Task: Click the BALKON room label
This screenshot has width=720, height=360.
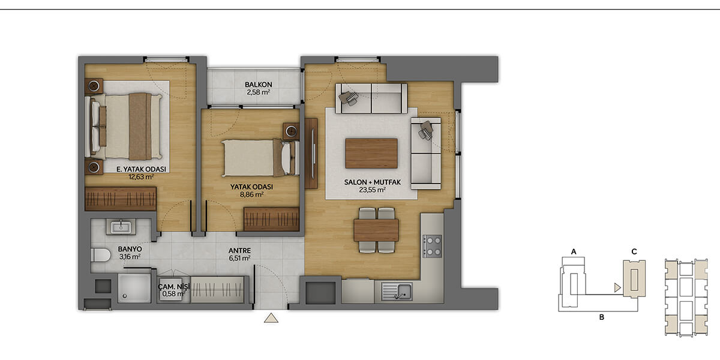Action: click(259, 85)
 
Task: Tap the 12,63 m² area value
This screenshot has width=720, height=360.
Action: click(141, 177)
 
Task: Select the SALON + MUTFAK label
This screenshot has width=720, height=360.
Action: click(372, 182)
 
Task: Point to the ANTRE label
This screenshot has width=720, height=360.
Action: click(239, 250)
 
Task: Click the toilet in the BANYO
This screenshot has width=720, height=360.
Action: click(101, 255)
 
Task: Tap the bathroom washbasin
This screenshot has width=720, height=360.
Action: click(121, 227)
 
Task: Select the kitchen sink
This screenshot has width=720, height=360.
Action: click(397, 292)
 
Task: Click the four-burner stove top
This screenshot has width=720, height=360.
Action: click(433, 246)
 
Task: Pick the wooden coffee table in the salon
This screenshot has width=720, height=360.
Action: click(371, 154)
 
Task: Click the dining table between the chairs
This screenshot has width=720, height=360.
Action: click(376, 230)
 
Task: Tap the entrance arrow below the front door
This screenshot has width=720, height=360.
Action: click(271, 318)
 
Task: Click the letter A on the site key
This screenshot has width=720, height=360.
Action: click(574, 251)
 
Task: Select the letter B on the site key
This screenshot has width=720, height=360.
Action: click(602, 317)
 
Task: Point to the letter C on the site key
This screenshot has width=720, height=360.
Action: click(634, 251)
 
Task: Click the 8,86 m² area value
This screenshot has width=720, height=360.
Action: click(251, 194)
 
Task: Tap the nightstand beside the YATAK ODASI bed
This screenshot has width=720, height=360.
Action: click(291, 131)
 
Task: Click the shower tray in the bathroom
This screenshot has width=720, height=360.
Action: click(134, 288)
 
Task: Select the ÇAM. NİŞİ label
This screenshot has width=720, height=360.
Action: click(174, 286)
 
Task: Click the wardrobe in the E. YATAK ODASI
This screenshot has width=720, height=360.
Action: click(121, 199)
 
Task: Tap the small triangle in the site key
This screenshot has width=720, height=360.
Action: click(617, 287)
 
